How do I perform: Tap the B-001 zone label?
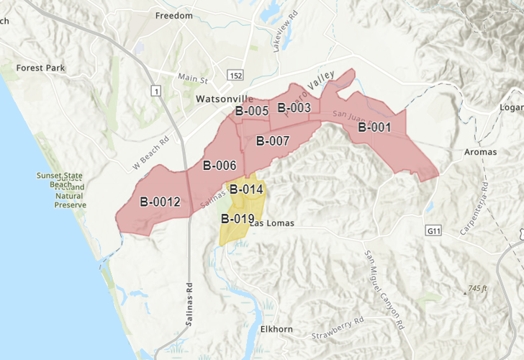click(x=374, y=128)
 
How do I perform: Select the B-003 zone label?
click(x=294, y=108)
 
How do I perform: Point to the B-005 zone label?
click(x=252, y=111)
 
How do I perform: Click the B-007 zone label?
click(x=272, y=140)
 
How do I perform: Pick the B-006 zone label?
click(x=220, y=165)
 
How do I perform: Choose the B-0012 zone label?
click(x=160, y=202)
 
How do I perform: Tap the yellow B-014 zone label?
click(x=247, y=189)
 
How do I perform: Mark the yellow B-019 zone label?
click(x=238, y=219)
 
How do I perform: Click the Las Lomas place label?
click(x=271, y=223)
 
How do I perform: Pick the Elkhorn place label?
click(x=276, y=329)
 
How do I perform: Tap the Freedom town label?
click(x=174, y=15)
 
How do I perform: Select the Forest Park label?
click(x=42, y=68)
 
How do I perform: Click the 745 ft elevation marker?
click(x=475, y=289)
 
